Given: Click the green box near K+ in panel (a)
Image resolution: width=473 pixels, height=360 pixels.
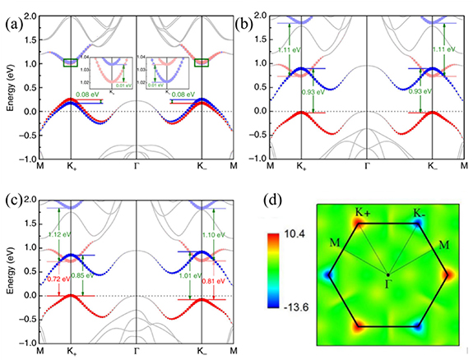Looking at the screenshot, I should [x=71, y=62].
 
